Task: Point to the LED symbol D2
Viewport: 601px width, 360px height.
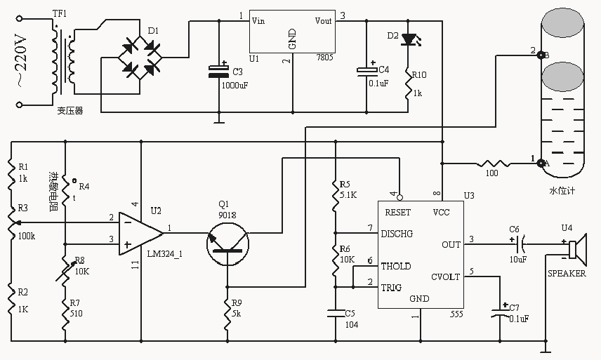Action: [407, 39]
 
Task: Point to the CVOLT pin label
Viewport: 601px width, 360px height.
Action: [445, 276]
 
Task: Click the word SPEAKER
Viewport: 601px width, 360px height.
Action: [566, 274]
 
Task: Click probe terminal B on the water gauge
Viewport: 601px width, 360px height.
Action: [539, 55]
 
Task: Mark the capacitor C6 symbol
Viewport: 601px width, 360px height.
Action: [520, 244]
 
